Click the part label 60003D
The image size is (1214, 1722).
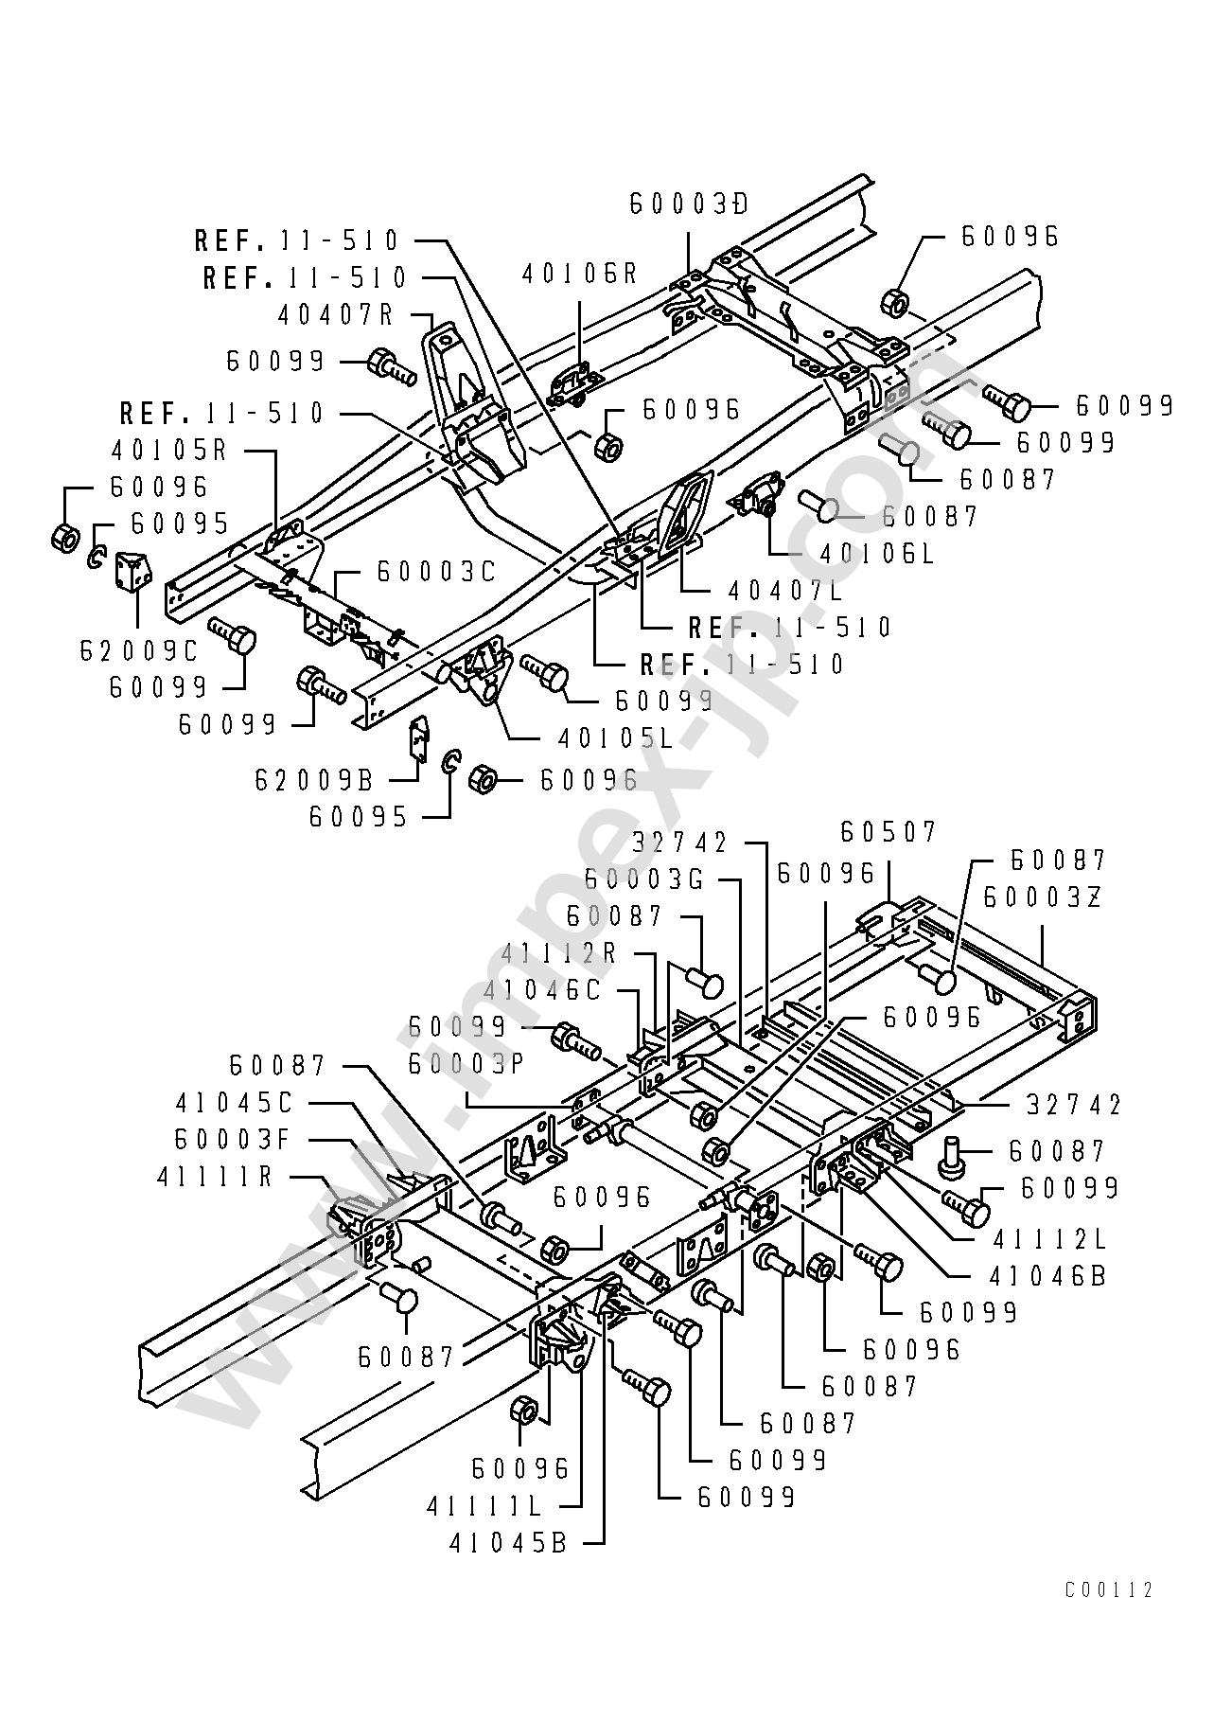(689, 204)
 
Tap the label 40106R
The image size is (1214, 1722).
(580, 274)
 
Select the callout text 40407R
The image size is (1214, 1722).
(336, 313)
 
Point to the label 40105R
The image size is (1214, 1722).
(170, 449)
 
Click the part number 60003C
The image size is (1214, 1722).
(436, 572)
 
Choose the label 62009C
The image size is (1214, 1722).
(139, 650)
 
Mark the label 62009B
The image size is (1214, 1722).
(315, 780)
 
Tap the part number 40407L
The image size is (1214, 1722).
(785, 590)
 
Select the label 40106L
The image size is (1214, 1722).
(877, 554)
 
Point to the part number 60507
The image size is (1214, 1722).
(889, 831)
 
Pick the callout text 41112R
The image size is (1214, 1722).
(559, 953)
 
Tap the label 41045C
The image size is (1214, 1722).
(235, 1103)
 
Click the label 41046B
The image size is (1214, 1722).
(1047, 1276)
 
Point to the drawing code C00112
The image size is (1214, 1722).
(1109, 1590)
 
